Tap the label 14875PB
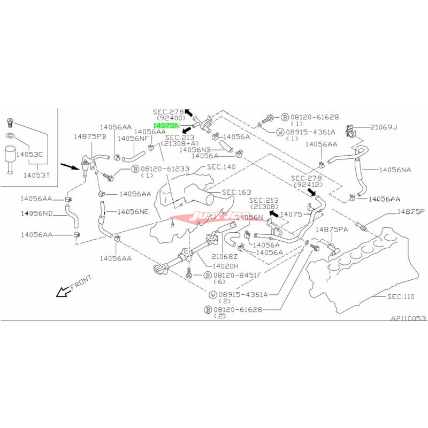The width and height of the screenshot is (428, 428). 90,137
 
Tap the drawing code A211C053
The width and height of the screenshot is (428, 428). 408,318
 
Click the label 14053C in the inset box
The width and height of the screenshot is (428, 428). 31,155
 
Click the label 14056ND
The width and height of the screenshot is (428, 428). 36,213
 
